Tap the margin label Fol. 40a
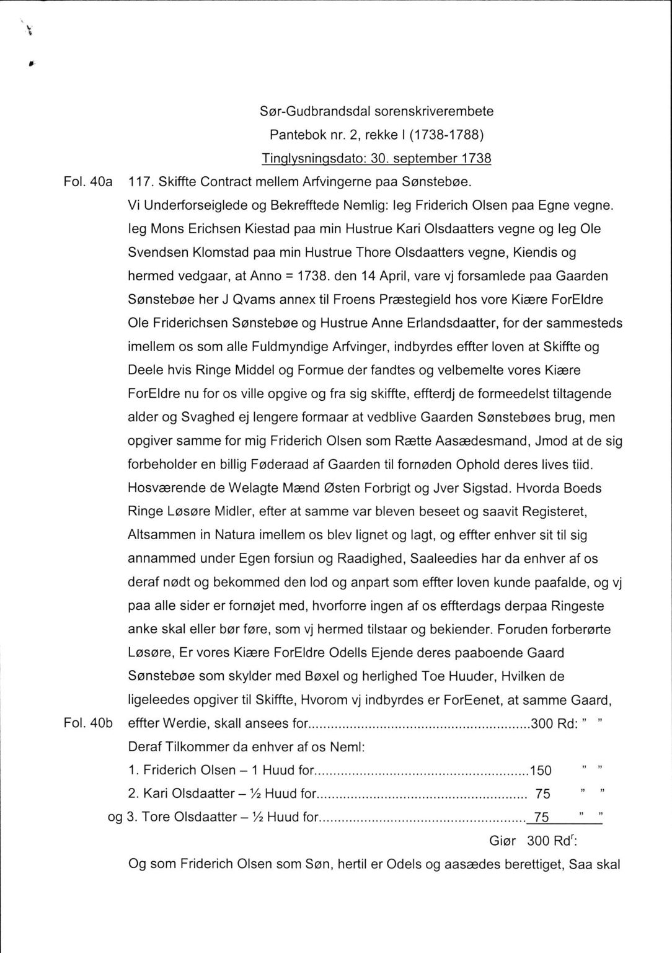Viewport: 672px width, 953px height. [x=87, y=182]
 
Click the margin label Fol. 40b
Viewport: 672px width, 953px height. [x=87, y=723]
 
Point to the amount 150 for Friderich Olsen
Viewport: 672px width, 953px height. [x=541, y=770]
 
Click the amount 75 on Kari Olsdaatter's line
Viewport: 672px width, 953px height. [x=542, y=794]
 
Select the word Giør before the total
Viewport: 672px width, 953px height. [x=503, y=841]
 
